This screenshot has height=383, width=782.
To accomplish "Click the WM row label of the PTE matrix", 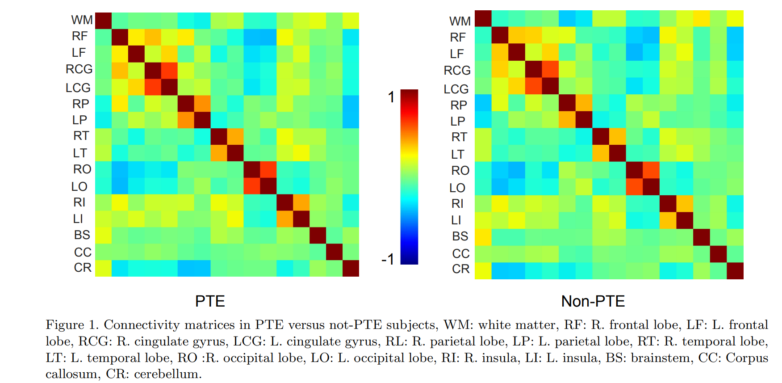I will coord(82,20).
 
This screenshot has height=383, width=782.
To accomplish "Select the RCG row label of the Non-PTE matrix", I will coord(457,71).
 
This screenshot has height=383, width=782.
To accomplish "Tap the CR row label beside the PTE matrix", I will coord(83,268).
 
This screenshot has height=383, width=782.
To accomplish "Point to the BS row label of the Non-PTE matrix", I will coord(460,236).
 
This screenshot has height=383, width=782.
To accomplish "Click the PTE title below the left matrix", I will coord(210,301).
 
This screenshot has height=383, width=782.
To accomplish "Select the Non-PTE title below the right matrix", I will coord(593,301).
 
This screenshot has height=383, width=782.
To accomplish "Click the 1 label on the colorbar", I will coord(391,97).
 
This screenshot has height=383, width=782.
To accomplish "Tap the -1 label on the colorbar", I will coord(388,259).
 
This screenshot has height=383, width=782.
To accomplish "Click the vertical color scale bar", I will coord(409,177).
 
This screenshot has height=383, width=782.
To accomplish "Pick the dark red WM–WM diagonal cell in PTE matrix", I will coord(103,21).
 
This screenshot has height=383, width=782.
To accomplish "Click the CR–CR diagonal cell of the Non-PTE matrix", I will coord(735,271).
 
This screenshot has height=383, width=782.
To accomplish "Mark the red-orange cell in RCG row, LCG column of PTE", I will coord(169,70).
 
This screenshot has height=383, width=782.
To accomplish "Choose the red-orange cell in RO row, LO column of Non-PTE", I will coord(651,170).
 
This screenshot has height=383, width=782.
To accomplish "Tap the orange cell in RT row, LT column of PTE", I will coord(235,136).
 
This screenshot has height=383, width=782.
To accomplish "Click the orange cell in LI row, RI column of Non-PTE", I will coord(668,220).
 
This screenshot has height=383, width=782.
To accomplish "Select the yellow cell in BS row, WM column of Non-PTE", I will coord(483,237).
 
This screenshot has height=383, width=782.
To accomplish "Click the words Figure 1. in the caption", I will coord(71,325).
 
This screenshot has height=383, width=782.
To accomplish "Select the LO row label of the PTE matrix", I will coord(79,187).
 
